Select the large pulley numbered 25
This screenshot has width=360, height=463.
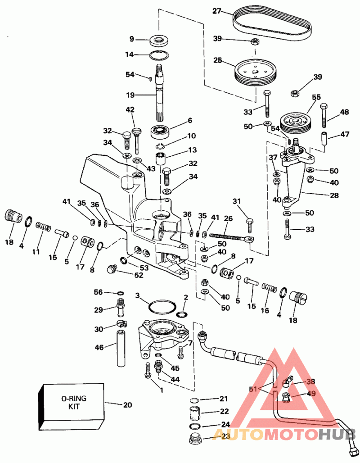click(256, 73)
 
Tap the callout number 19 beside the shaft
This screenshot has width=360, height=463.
click(130, 95)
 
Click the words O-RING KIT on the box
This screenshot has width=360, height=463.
click(74, 402)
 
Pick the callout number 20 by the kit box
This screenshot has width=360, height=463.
click(127, 405)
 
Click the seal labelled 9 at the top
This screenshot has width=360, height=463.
click(159, 40)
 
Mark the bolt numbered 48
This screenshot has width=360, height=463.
click(324, 115)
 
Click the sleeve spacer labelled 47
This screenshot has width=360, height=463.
click(325, 138)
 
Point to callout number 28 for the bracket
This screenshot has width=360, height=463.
click(334, 195)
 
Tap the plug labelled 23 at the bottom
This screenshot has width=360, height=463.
click(195, 438)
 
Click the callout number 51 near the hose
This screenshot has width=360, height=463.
click(253, 389)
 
